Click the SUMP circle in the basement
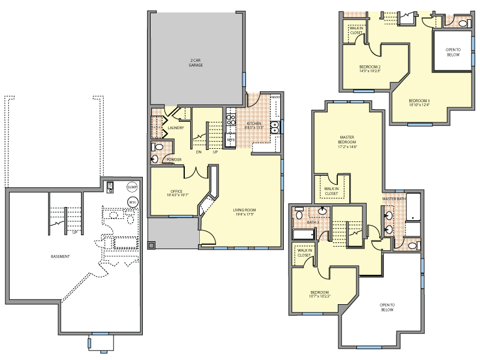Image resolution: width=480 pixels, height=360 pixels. point(132,187)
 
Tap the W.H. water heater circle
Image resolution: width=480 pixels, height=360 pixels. point(132,202)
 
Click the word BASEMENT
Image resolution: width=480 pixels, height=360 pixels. point(60,257)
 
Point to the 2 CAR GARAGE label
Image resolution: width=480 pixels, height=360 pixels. point(196,62)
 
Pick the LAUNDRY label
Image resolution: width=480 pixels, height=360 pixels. point(176,128)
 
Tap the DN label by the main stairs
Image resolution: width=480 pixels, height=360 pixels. point(199,152)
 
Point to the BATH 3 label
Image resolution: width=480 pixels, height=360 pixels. point(313,223)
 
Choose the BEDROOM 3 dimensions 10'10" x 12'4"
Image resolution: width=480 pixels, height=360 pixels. point(419,106)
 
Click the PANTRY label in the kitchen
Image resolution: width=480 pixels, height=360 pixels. point(275,97)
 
